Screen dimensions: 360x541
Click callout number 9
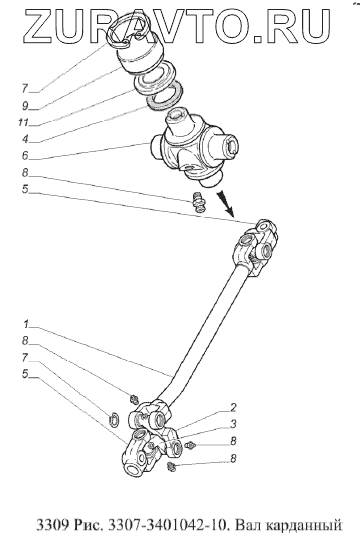25,106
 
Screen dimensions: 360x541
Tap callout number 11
24,123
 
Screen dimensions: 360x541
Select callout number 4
25,139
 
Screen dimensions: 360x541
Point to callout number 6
25,156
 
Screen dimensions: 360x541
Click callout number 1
26,324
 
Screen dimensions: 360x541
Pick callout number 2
233,407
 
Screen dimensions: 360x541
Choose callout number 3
233,424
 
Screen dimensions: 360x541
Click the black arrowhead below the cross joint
227,206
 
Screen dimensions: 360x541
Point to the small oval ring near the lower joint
114,420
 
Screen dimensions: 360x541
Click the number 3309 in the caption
53,525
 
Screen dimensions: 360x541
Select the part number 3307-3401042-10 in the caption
168,525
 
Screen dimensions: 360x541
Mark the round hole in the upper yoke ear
263,226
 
